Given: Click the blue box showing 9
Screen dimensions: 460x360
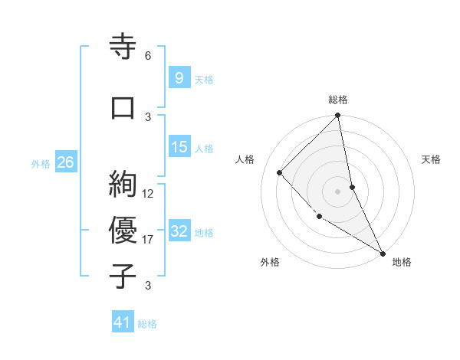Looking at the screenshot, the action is [179, 77].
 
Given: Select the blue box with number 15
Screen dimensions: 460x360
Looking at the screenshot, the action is [179, 147].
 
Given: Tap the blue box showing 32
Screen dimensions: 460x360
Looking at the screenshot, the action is [179, 231].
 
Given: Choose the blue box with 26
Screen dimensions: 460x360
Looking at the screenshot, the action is [65, 162].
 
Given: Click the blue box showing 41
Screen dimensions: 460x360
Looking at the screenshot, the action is [123, 322].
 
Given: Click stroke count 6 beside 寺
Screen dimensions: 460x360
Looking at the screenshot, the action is [148, 56].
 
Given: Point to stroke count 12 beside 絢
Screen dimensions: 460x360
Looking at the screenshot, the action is [148, 194].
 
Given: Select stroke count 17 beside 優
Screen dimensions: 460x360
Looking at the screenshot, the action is [148, 240].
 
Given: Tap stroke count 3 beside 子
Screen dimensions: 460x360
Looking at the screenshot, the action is [148, 286].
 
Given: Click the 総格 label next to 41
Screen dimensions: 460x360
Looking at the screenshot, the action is [147, 324].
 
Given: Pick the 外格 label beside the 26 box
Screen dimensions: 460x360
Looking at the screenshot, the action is [41, 163].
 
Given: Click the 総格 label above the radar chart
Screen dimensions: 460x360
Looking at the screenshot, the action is [338, 100].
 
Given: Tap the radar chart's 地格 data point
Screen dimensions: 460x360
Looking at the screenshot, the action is [382, 253].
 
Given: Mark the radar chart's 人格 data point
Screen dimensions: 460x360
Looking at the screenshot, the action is [280, 172].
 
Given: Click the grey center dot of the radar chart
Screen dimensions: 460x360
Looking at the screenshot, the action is [337, 191].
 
